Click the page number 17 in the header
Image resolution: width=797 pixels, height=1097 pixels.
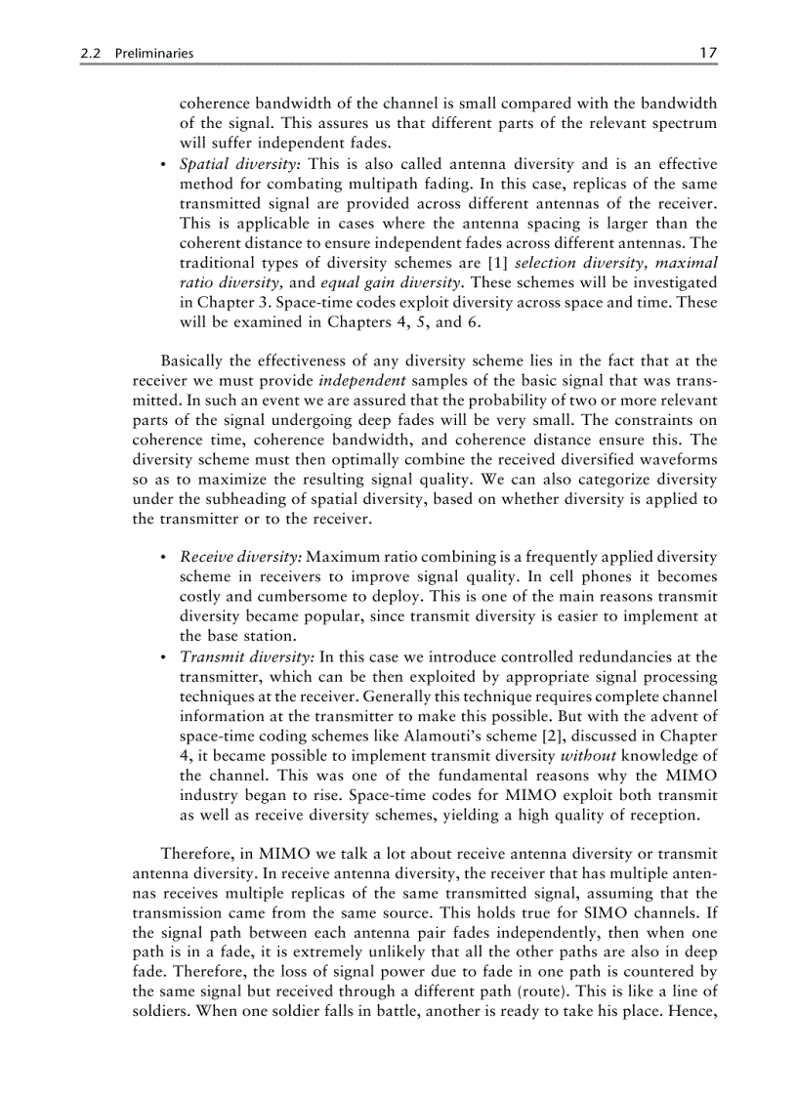pos(708,54)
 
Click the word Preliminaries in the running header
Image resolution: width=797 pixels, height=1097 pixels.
pos(152,55)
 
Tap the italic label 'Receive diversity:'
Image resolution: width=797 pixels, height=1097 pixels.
pos(241,557)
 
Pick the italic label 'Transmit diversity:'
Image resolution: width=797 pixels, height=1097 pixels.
pos(246,656)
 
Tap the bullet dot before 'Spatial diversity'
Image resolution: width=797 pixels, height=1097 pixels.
pos(162,164)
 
